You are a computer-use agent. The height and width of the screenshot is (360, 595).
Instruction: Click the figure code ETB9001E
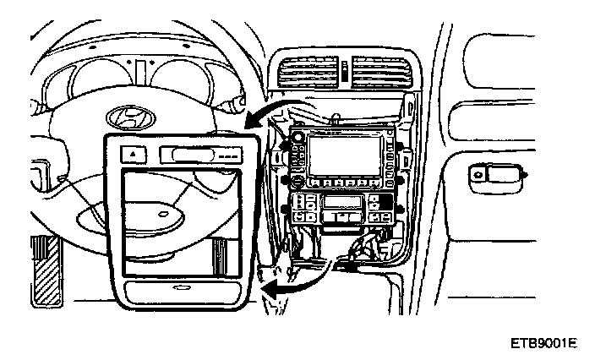click(x=543, y=344)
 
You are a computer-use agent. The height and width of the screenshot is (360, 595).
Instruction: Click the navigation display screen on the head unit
click(x=346, y=155)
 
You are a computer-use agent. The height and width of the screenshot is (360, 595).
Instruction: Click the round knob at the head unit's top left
click(x=297, y=137)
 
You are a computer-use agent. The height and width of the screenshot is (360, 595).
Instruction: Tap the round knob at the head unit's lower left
click(x=297, y=180)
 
